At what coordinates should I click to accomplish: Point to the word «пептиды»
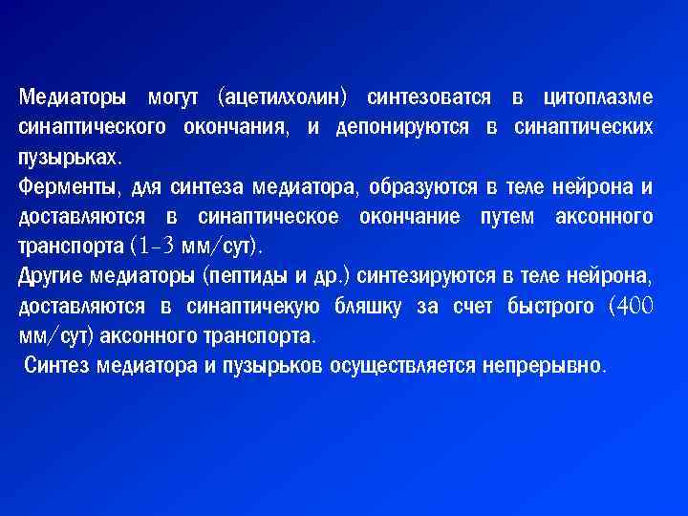pyautogui.click(x=244, y=276)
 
